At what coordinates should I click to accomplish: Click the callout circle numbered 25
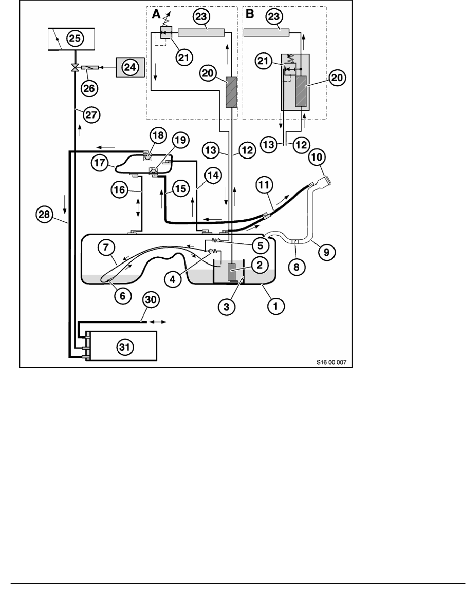[75, 39]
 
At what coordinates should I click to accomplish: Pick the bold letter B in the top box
[250, 15]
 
